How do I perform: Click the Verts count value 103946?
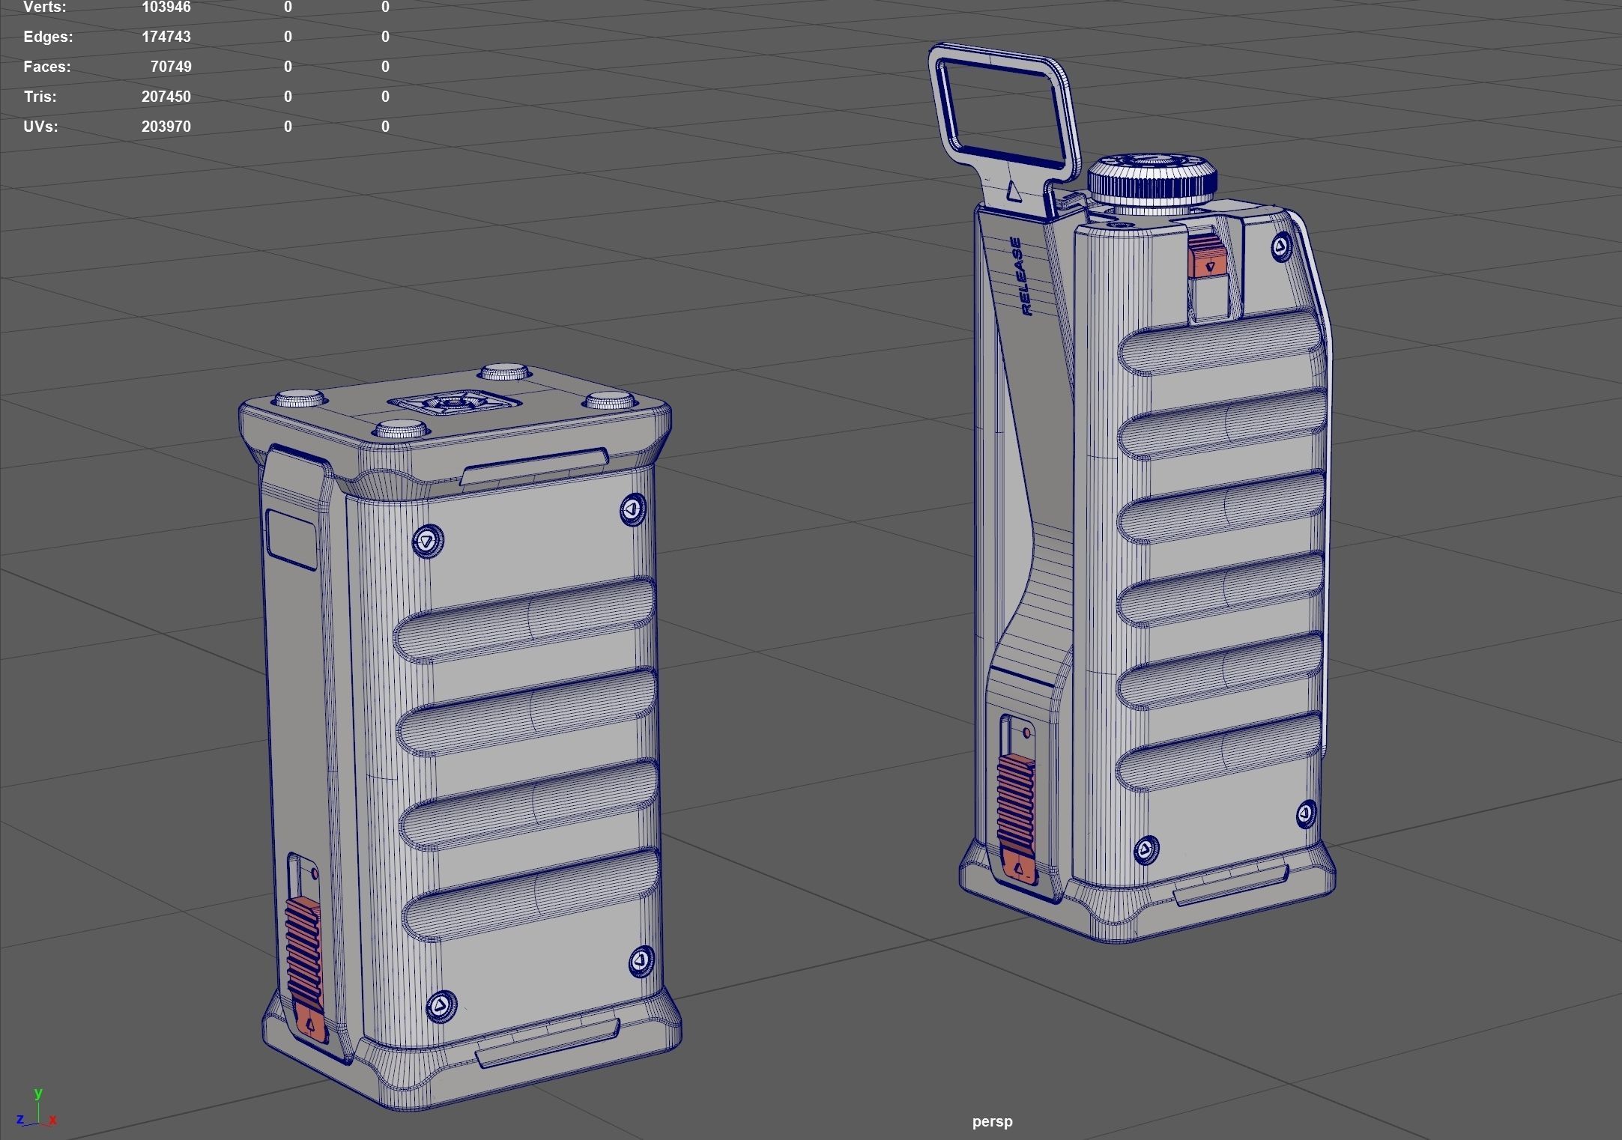click(x=166, y=7)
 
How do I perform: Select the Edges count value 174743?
click(x=166, y=37)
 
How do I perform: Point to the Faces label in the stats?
click(x=47, y=67)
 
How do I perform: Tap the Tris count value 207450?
click(x=166, y=97)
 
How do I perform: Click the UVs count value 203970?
click(x=166, y=127)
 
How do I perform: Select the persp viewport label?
click(x=992, y=1121)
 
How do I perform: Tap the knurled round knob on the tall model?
click(x=1152, y=180)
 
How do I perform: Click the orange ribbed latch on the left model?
click(x=305, y=959)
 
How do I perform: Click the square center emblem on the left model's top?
click(x=453, y=404)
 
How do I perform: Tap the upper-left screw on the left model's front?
click(x=428, y=541)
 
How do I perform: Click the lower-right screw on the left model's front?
click(x=641, y=959)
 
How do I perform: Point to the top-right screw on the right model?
click(x=1282, y=246)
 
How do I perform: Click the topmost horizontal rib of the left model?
click(x=524, y=620)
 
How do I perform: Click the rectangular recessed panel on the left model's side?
click(x=291, y=540)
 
